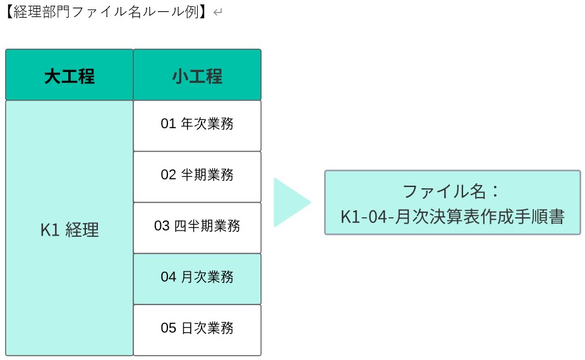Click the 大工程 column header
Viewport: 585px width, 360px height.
[69, 76]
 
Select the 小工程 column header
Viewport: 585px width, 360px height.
[197, 76]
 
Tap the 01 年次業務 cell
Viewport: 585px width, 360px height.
[197, 124]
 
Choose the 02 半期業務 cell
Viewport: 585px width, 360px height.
[197, 175]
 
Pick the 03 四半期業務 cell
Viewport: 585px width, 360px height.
[197, 226]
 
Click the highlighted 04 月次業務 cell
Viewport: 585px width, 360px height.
[197, 277]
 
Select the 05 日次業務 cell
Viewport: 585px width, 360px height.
[197, 328]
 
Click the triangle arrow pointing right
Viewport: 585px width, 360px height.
[289, 203]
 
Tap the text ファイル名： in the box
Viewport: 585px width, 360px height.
[452, 191]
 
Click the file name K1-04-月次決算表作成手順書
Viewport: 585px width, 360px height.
[452, 217]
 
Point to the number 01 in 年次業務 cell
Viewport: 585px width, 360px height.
[168, 124]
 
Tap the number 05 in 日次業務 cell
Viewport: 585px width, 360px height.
[168, 328]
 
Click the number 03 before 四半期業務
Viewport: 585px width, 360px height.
[162, 226]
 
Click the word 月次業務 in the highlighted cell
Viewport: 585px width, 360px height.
[207, 277]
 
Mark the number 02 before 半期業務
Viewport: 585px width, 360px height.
[168, 175]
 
